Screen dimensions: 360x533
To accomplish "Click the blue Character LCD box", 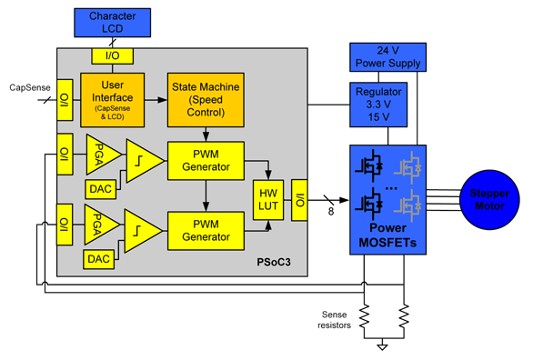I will click(110, 24).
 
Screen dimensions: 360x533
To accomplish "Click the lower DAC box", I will click(100, 260).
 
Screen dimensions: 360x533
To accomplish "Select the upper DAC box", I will click(100, 188).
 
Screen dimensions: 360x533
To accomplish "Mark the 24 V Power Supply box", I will click(387, 56).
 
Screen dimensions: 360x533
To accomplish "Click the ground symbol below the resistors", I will click(384, 345).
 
